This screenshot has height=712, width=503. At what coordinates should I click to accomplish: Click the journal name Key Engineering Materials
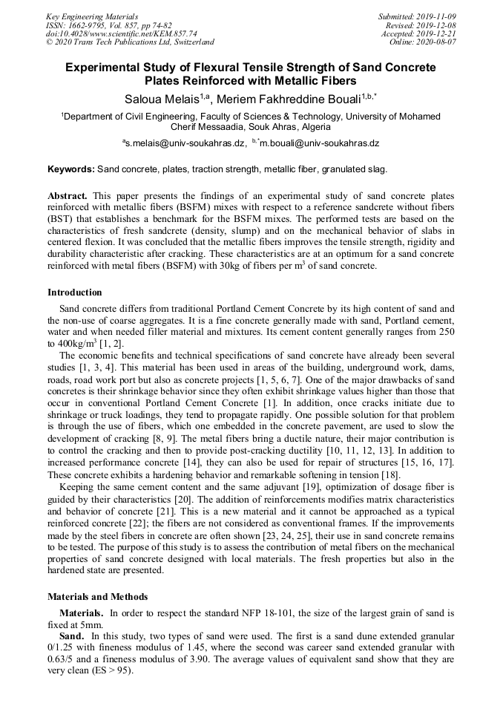coord(92,16)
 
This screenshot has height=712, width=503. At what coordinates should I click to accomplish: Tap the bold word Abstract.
coord(67,194)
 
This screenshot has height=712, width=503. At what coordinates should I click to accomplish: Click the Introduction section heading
coord(75,293)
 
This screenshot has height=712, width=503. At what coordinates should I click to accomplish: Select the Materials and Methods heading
coord(97,596)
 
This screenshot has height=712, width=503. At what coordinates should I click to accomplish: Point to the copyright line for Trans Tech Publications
coord(131,42)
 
